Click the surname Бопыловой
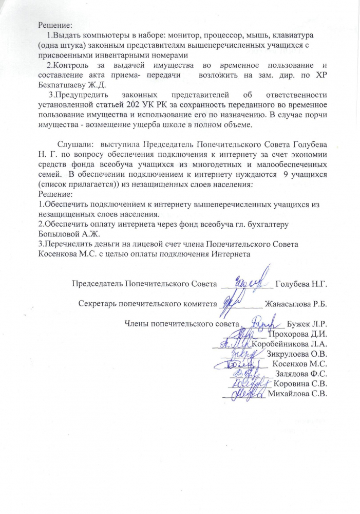62,233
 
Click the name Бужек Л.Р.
307,324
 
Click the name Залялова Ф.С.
301,374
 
